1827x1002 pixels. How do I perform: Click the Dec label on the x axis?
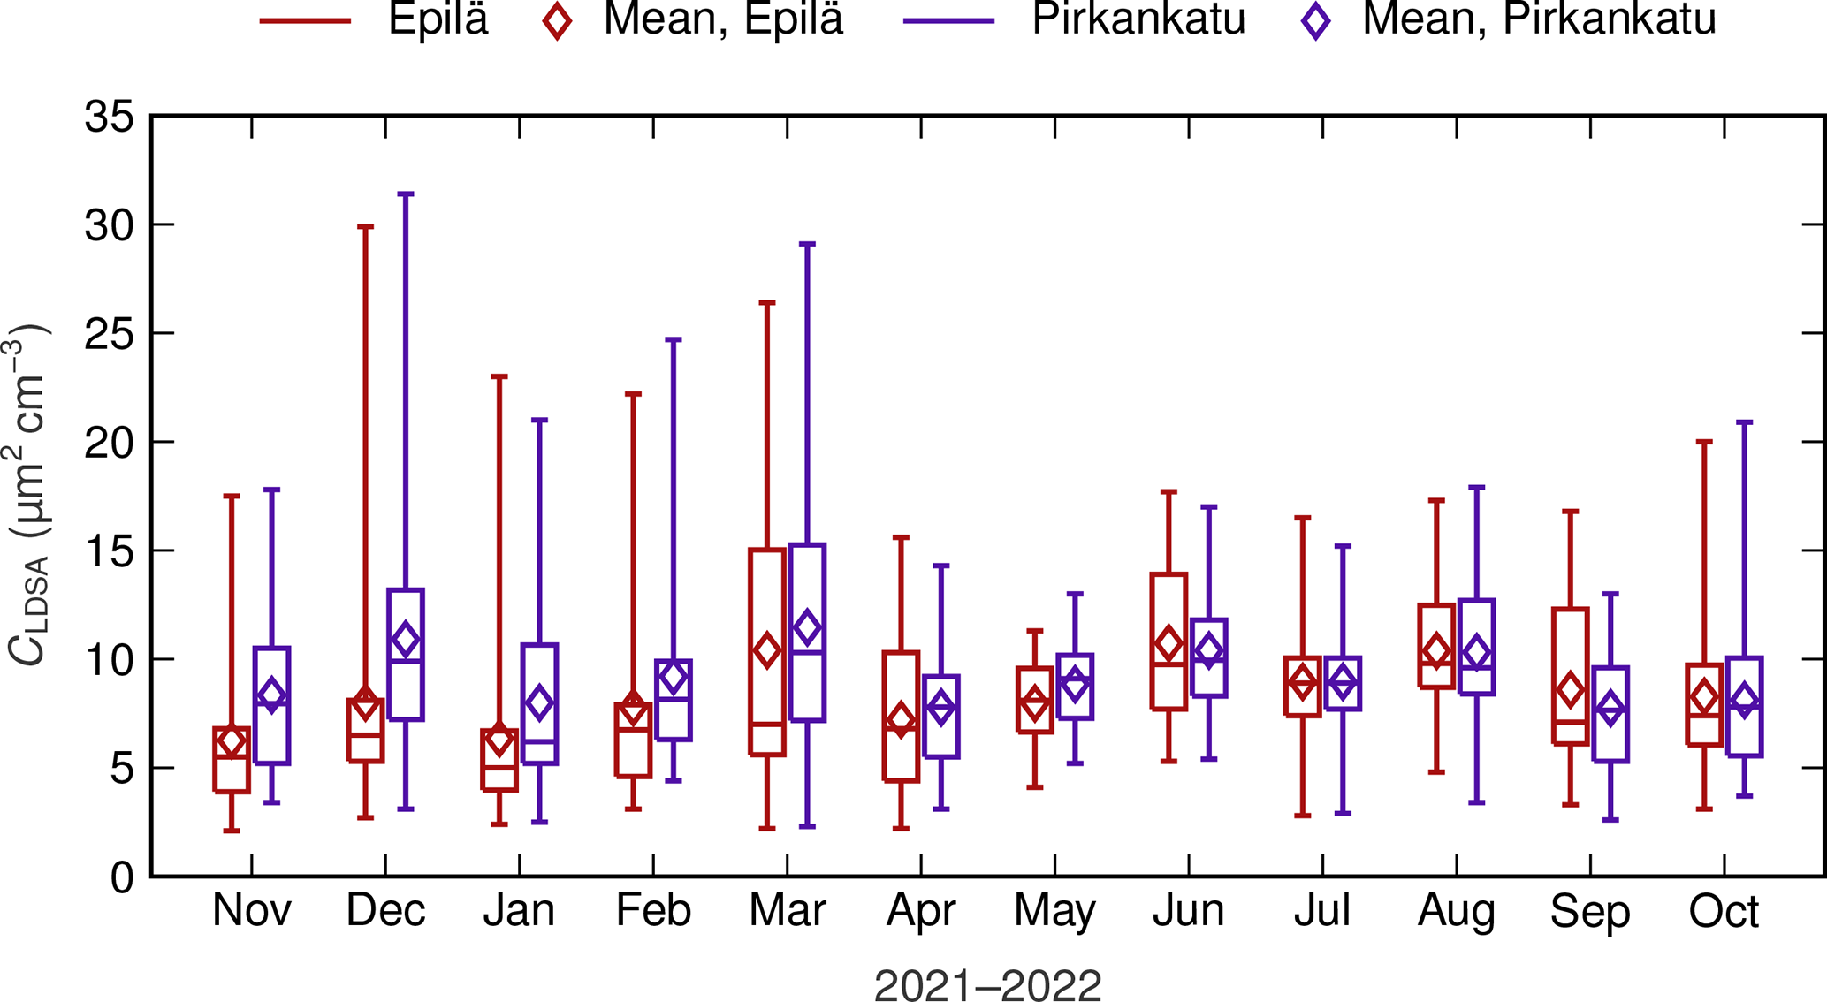(385, 911)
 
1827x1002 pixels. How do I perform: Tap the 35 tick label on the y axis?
(110, 117)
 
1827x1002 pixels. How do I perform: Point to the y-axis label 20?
(110, 443)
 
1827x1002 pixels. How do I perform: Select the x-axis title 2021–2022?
(987, 984)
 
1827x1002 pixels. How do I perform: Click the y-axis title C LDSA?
(28, 495)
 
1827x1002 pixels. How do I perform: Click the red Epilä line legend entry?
(305, 20)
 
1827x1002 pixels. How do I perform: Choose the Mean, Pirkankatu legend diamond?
(1315, 20)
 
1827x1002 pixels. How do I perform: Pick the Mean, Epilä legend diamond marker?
(557, 20)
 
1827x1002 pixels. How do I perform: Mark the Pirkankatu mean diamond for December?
(406, 639)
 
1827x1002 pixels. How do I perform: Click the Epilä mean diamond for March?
(766, 650)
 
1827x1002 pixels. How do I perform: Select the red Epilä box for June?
(1169, 641)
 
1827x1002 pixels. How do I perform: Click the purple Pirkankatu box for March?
(807, 632)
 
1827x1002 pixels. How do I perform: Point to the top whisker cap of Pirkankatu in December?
(406, 194)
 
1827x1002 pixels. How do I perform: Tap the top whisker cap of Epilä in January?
(499, 376)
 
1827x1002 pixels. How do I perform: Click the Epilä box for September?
(1571, 676)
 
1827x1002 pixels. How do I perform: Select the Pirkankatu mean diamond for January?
(539, 703)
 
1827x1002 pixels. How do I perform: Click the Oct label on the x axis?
(1724, 911)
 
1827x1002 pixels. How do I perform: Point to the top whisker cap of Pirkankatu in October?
(1745, 422)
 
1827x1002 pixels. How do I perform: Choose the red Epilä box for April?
(902, 717)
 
